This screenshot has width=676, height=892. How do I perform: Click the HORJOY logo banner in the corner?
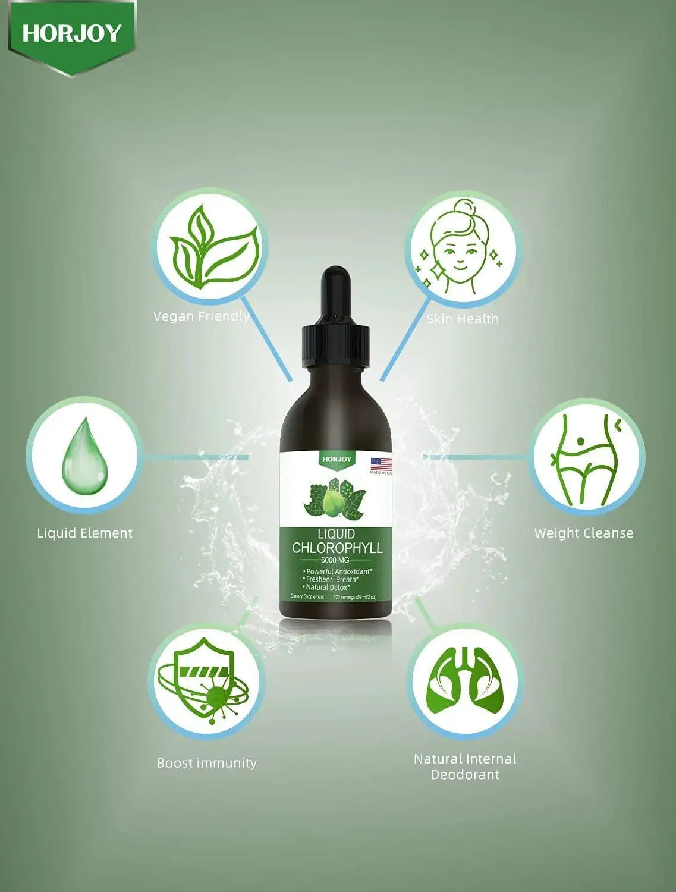pos(71,34)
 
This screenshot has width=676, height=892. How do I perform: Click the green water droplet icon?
pos(84,455)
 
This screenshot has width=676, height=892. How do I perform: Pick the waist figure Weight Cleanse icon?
pos(586,458)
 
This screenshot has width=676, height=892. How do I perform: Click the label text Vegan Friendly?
pos(201,316)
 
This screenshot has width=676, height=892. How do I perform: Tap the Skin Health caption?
pos(463,319)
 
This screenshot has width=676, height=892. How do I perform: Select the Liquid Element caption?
pos(84,533)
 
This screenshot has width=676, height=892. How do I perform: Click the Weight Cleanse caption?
pos(584,533)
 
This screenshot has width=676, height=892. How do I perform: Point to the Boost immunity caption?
pos(206,763)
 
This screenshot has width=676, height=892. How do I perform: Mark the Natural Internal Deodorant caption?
pos(465,767)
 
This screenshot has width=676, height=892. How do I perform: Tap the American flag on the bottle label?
pos(381,463)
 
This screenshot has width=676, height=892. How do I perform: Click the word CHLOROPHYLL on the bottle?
pos(337,548)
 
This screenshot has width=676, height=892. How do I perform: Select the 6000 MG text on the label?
pos(335,560)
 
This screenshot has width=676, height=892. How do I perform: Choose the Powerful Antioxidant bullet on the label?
pos(338,571)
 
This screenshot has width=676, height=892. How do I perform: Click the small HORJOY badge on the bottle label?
pos(337,458)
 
